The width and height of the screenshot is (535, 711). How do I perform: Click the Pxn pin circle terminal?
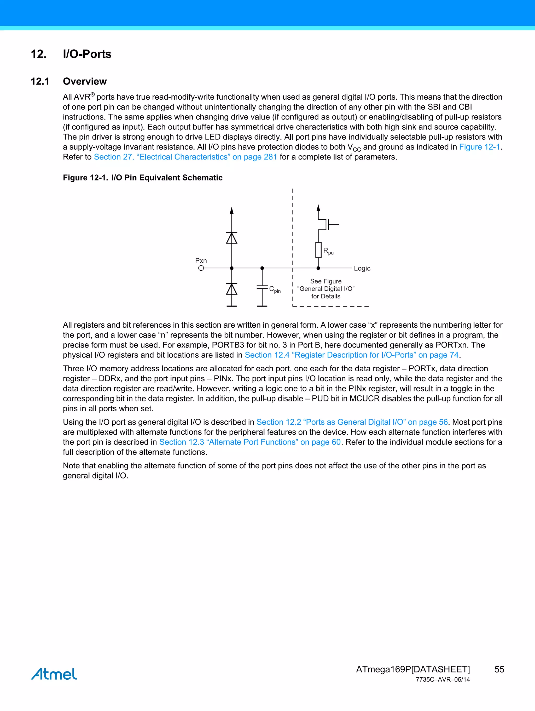pyautogui.click(x=201, y=268)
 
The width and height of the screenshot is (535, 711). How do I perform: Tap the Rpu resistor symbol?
pyautogui.click(x=318, y=250)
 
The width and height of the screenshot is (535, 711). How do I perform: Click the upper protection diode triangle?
pyautogui.click(x=231, y=238)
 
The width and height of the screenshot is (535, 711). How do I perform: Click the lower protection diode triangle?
pyautogui.click(x=231, y=289)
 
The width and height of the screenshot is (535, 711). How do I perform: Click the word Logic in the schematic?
pyautogui.click(x=362, y=268)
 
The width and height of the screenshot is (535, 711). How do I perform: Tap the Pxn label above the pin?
pyautogui.click(x=201, y=261)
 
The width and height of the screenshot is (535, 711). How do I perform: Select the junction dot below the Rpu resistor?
pyautogui.click(x=318, y=268)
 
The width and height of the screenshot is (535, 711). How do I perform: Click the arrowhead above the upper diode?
pyautogui.click(x=231, y=211)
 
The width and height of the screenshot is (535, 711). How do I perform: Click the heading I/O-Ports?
pyautogui.click(x=87, y=54)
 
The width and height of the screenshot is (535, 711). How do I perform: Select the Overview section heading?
pyautogui.click(x=85, y=81)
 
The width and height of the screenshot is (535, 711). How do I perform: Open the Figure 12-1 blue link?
pyautogui.click(x=479, y=147)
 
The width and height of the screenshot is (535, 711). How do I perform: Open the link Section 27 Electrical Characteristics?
pyautogui.click(x=185, y=157)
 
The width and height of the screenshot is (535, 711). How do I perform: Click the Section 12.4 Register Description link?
pyautogui.click(x=352, y=355)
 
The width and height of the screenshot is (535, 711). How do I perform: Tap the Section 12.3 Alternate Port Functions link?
pyautogui.click(x=250, y=442)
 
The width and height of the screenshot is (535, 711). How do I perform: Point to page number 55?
pyautogui.click(x=499, y=669)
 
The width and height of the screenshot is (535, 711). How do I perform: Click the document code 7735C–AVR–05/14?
pyautogui.click(x=443, y=680)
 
